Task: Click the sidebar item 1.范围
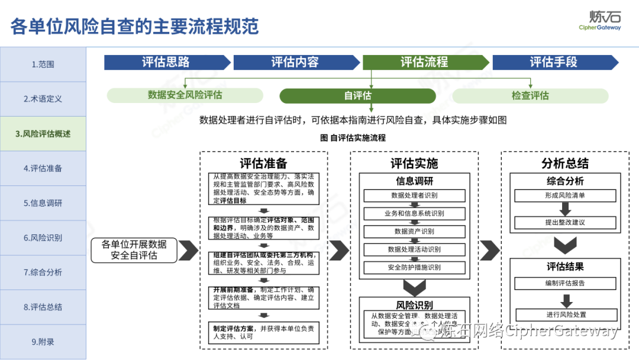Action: [x=43, y=65]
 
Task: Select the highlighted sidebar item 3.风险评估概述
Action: [x=43, y=134]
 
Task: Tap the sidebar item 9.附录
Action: [x=43, y=342]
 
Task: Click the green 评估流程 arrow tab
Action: [x=425, y=62]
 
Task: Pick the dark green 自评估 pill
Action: [x=357, y=96]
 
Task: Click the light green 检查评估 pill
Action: [x=530, y=96]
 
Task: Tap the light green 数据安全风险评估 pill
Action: [x=185, y=95]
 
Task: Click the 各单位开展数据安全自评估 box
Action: [x=134, y=250]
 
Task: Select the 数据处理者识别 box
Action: [x=414, y=195]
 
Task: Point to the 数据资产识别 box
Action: [x=414, y=232]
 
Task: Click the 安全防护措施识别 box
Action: [x=414, y=268]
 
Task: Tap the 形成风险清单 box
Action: [x=564, y=195]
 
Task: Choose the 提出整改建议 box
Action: [x=564, y=223]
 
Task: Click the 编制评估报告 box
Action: [x=564, y=284]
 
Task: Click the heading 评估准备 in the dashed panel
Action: [x=263, y=164]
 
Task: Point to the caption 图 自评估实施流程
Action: [x=353, y=138]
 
